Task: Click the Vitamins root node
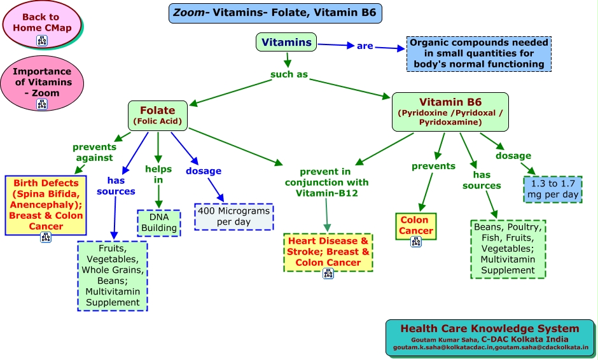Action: [x=286, y=43]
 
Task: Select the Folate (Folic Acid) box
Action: [x=157, y=115]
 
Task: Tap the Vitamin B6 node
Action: [x=450, y=111]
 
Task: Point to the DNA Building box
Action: [x=158, y=222]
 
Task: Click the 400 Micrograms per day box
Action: [x=233, y=216]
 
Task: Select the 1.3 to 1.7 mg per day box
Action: [x=553, y=188]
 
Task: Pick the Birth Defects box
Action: [x=45, y=205]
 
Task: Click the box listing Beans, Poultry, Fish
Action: [x=508, y=249]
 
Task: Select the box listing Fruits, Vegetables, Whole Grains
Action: [x=112, y=275]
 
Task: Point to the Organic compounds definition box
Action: [x=478, y=54]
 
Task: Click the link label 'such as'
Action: [x=289, y=74]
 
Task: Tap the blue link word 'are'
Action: [x=365, y=46]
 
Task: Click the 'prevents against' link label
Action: [x=94, y=152]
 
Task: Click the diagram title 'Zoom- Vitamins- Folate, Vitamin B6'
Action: [x=275, y=13]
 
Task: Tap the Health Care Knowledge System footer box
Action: [x=490, y=338]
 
